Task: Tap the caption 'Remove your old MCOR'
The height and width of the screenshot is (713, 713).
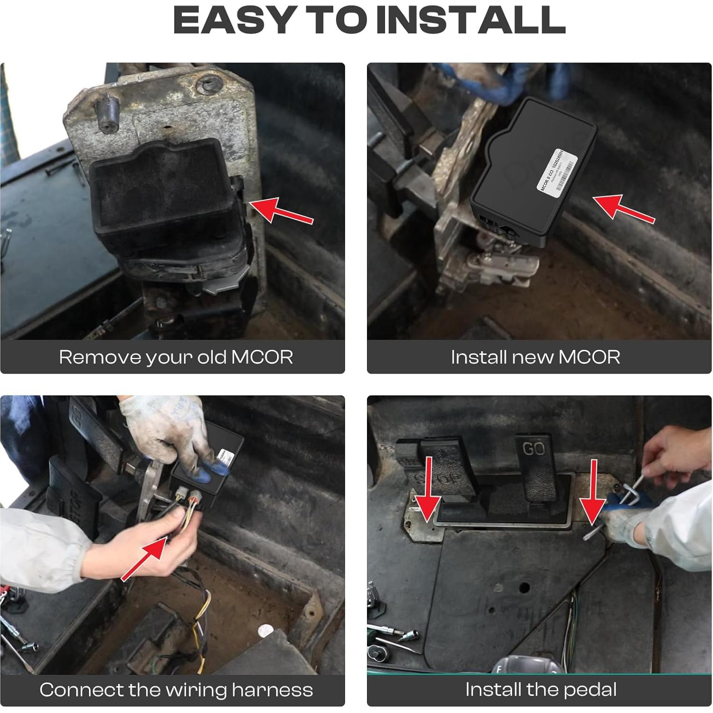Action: [176, 357]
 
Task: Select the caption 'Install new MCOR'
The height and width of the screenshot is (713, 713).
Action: [535, 357]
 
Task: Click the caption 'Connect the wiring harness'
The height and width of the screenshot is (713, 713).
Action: [176, 690]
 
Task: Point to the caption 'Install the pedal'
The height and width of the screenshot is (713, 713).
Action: [541, 689]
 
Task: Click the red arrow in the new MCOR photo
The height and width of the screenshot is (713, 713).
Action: [624, 208]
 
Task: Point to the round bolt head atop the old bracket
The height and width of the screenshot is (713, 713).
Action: [209, 85]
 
